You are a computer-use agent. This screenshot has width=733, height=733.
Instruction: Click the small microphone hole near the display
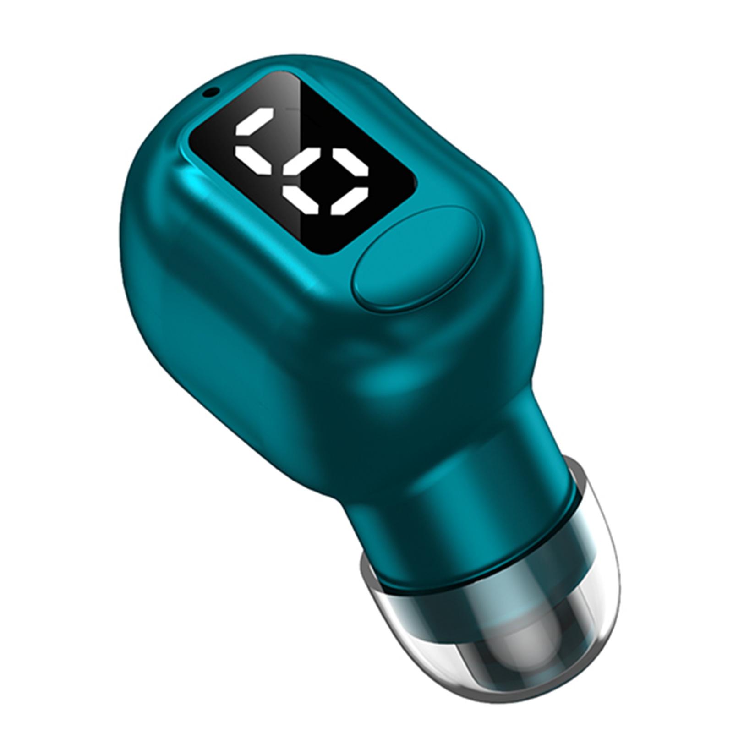[x=210, y=92]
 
